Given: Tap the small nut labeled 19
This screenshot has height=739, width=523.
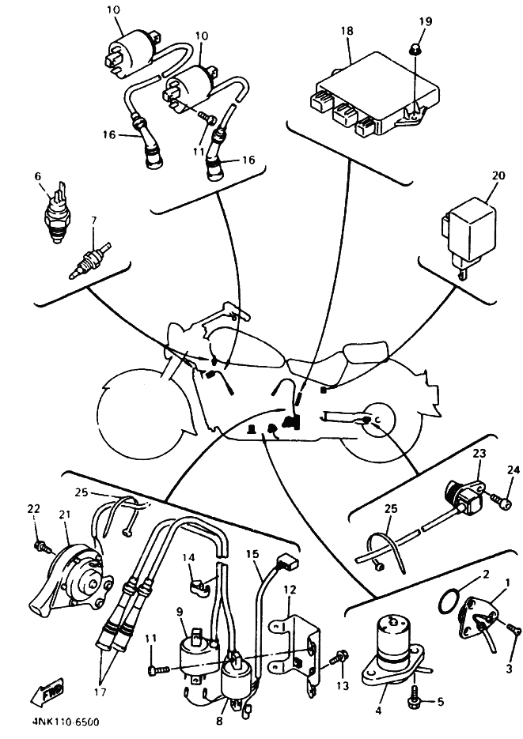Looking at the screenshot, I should pyautogui.click(x=414, y=51).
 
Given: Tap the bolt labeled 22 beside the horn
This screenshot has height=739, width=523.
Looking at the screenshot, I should pyautogui.click(x=38, y=546).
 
